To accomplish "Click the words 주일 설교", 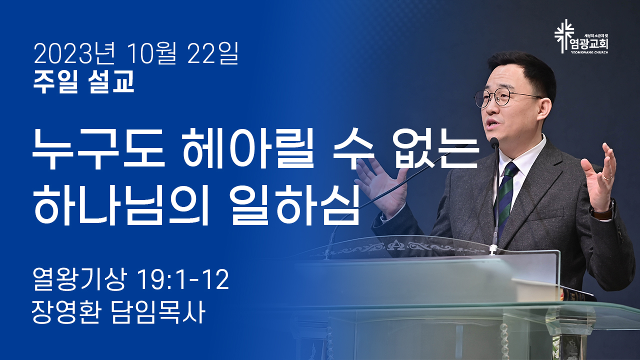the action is (x=83, y=81).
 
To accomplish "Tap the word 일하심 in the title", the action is (x=295, y=203).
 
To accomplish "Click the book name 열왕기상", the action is (x=79, y=279).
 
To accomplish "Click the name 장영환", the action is (x=66, y=312).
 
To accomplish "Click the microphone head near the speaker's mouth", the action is (x=494, y=142).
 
